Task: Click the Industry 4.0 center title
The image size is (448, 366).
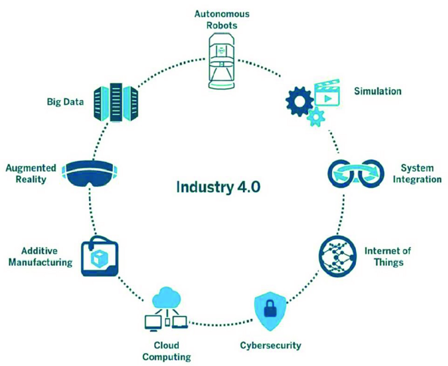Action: point(218,186)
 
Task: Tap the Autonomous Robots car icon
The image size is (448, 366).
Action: point(223,54)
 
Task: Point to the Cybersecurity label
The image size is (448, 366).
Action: point(269,345)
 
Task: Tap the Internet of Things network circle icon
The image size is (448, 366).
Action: point(338,255)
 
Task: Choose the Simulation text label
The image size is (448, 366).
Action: point(378,91)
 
